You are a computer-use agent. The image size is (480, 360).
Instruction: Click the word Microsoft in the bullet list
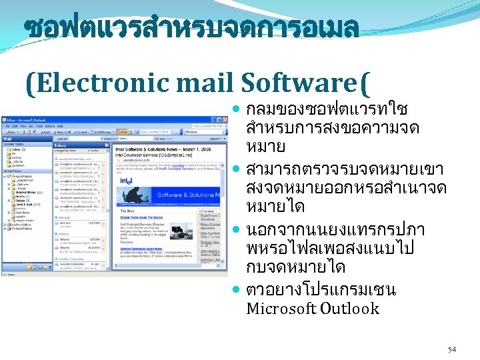click(281, 309)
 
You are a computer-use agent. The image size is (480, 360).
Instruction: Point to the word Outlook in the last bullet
click(349, 309)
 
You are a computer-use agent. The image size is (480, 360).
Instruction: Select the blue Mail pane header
click(27, 138)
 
